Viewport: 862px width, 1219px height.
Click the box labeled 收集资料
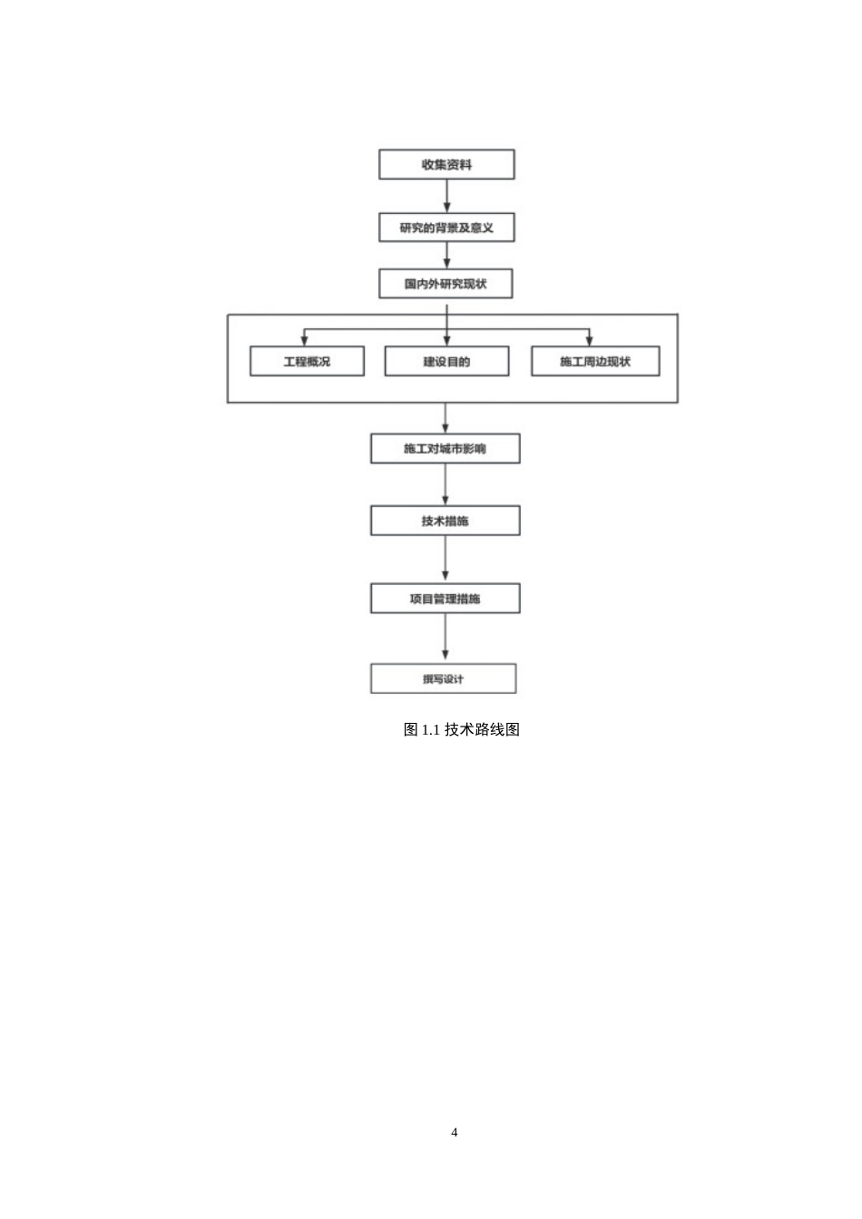click(446, 164)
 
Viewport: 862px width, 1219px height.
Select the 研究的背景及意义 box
click(446, 228)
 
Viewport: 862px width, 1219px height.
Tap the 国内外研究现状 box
click(446, 284)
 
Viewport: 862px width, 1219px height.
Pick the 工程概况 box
click(307, 361)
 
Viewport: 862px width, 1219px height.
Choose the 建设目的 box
click(446, 361)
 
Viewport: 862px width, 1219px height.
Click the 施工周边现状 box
click(595, 361)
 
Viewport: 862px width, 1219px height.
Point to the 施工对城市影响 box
click(445, 448)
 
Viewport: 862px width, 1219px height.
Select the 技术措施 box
click(445, 521)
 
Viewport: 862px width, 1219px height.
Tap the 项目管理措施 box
click(445, 599)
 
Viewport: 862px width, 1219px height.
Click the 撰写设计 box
click(444, 678)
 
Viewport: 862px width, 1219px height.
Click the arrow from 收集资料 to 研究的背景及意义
click(446, 196)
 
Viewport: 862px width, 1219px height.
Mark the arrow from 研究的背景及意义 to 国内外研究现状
click(446, 255)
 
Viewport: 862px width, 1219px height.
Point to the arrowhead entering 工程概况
click(304, 341)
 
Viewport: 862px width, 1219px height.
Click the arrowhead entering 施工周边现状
click(589, 341)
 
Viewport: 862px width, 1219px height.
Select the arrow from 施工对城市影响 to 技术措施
click(445, 485)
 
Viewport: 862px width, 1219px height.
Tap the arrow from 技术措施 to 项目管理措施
click(445, 560)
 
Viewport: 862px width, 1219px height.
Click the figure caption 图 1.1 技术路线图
click(461, 729)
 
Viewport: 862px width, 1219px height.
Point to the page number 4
click(455, 1133)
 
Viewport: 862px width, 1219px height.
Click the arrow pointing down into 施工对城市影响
click(445, 418)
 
